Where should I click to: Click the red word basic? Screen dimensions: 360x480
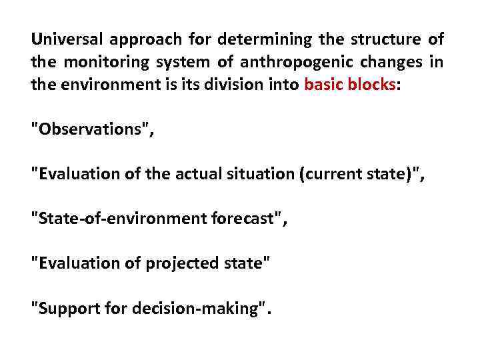[323, 85]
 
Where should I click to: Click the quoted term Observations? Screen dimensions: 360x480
[91, 129]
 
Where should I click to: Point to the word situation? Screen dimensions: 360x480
[263, 175]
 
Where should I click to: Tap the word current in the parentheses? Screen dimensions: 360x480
[333, 175]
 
